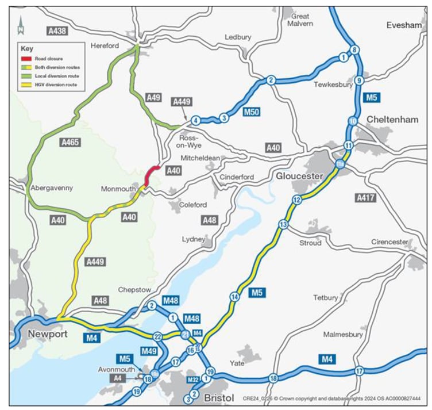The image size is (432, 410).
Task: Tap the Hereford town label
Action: [105, 46]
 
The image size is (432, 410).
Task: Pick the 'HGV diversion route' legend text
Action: [56, 85]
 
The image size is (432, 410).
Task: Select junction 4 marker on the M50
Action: [196, 120]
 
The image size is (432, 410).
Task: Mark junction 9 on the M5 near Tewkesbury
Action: [359, 81]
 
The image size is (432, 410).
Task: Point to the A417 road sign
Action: [365, 198]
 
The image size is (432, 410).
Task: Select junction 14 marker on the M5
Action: [234, 297]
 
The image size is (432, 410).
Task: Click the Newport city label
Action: [44, 334]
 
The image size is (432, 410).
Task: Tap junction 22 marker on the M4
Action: [157, 336]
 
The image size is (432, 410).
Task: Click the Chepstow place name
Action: [134, 290]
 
